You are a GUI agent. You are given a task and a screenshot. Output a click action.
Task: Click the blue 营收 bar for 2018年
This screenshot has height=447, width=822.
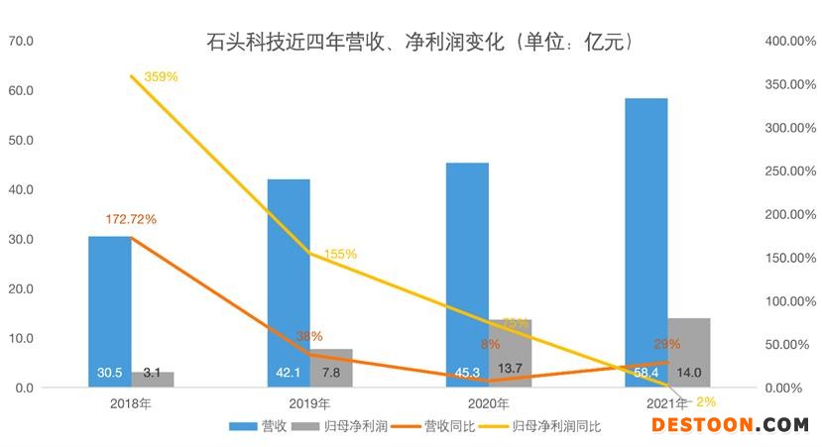(x=109, y=311)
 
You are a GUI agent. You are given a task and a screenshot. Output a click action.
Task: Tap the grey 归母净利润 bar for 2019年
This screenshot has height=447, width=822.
(x=331, y=368)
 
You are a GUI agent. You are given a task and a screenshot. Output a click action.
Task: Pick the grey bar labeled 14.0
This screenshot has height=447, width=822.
(x=688, y=352)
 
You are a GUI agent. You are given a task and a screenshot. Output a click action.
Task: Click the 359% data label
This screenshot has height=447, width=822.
(x=161, y=76)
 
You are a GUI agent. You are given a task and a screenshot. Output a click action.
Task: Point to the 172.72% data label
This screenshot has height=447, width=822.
(x=131, y=218)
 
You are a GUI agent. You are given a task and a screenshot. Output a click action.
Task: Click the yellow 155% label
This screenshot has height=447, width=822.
(x=340, y=254)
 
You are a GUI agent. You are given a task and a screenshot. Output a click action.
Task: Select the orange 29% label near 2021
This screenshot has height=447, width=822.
(x=667, y=344)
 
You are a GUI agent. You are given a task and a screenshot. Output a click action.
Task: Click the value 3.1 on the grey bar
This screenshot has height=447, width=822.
(x=153, y=373)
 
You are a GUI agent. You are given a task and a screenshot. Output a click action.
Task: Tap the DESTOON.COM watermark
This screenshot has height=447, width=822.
(x=730, y=425)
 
